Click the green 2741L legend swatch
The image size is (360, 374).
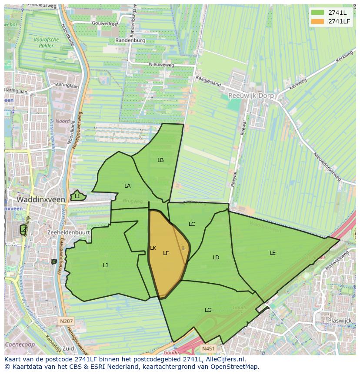[317, 13]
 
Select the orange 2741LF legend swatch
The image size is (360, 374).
[317, 21]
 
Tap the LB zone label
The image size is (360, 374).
[160, 160]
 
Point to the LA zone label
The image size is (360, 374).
[127, 186]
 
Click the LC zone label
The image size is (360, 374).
[192, 224]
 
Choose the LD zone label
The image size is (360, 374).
[216, 258]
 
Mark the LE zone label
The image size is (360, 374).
[273, 252]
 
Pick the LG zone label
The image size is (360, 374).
[208, 310]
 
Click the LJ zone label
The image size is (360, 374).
[105, 265]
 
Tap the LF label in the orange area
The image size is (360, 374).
[166, 253]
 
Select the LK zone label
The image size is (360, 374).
[153, 248]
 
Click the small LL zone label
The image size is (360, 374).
[77, 196]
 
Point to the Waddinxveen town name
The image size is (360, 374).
[41, 199]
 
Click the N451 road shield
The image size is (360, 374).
[208, 348]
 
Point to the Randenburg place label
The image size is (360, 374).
[130, 40]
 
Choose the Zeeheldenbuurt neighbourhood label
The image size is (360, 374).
[69, 232]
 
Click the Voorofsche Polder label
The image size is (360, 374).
[46, 42]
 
